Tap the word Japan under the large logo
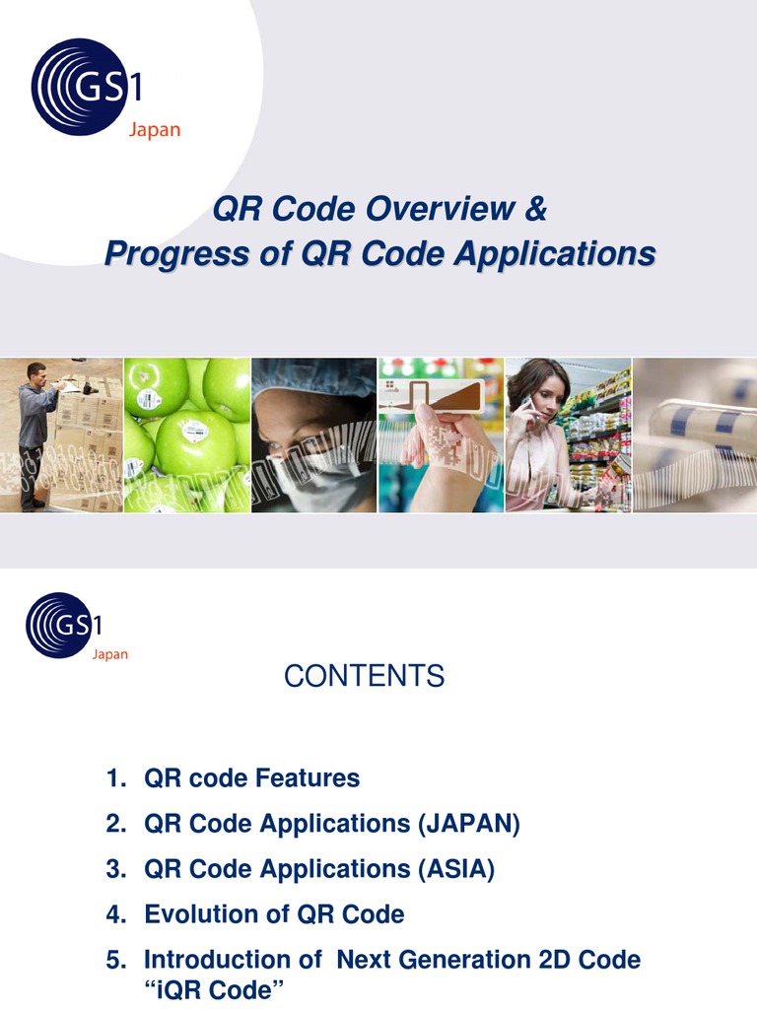point(155,131)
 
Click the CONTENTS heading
point(364,676)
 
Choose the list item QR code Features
point(251,778)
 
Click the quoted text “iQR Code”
point(217,990)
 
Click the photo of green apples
point(187,435)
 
